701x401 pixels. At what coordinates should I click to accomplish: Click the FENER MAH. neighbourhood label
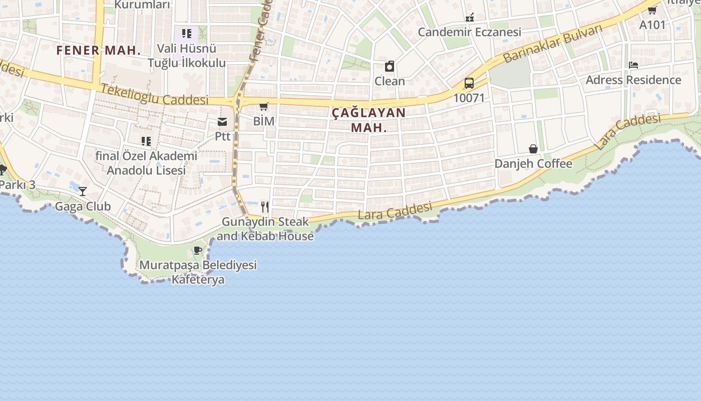click(98, 50)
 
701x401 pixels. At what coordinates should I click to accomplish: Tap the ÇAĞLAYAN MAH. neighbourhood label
click(369, 120)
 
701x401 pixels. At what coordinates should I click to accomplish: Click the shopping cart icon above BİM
click(264, 106)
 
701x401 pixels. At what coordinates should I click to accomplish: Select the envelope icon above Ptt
click(222, 122)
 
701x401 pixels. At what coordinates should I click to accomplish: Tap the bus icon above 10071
click(469, 83)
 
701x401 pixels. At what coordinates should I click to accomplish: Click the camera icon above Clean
click(390, 66)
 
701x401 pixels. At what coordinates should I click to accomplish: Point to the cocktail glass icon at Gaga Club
click(83, 191)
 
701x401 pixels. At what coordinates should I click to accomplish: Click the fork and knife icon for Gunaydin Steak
click(265, 206)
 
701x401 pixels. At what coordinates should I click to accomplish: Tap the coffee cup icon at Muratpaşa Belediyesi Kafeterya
click(198, 250)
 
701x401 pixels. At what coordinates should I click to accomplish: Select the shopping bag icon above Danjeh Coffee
click(533, 149)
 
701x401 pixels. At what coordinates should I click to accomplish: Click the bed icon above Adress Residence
click(633, 65)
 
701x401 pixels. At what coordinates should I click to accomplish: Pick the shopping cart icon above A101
click(652, 10)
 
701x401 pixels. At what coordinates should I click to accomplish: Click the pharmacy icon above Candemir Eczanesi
click(470, 18)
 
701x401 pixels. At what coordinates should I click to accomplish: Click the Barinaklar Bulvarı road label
click(553, 44)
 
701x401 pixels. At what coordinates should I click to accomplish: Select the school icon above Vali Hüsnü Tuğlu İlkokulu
click(187, 34)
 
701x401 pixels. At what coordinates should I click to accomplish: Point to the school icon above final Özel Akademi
click(146, 141)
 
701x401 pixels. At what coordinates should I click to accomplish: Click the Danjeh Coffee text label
click(533, 164)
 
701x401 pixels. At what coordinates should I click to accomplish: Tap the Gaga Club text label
click(83, 206)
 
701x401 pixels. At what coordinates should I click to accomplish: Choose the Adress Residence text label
click(633, 80)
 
